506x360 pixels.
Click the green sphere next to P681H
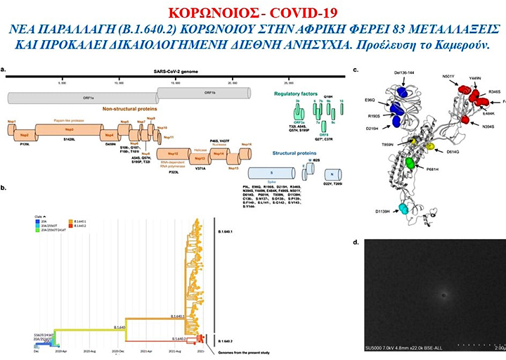(410, 163)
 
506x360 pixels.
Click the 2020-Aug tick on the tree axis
(89, 350)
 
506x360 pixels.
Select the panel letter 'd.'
(355, 243)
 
